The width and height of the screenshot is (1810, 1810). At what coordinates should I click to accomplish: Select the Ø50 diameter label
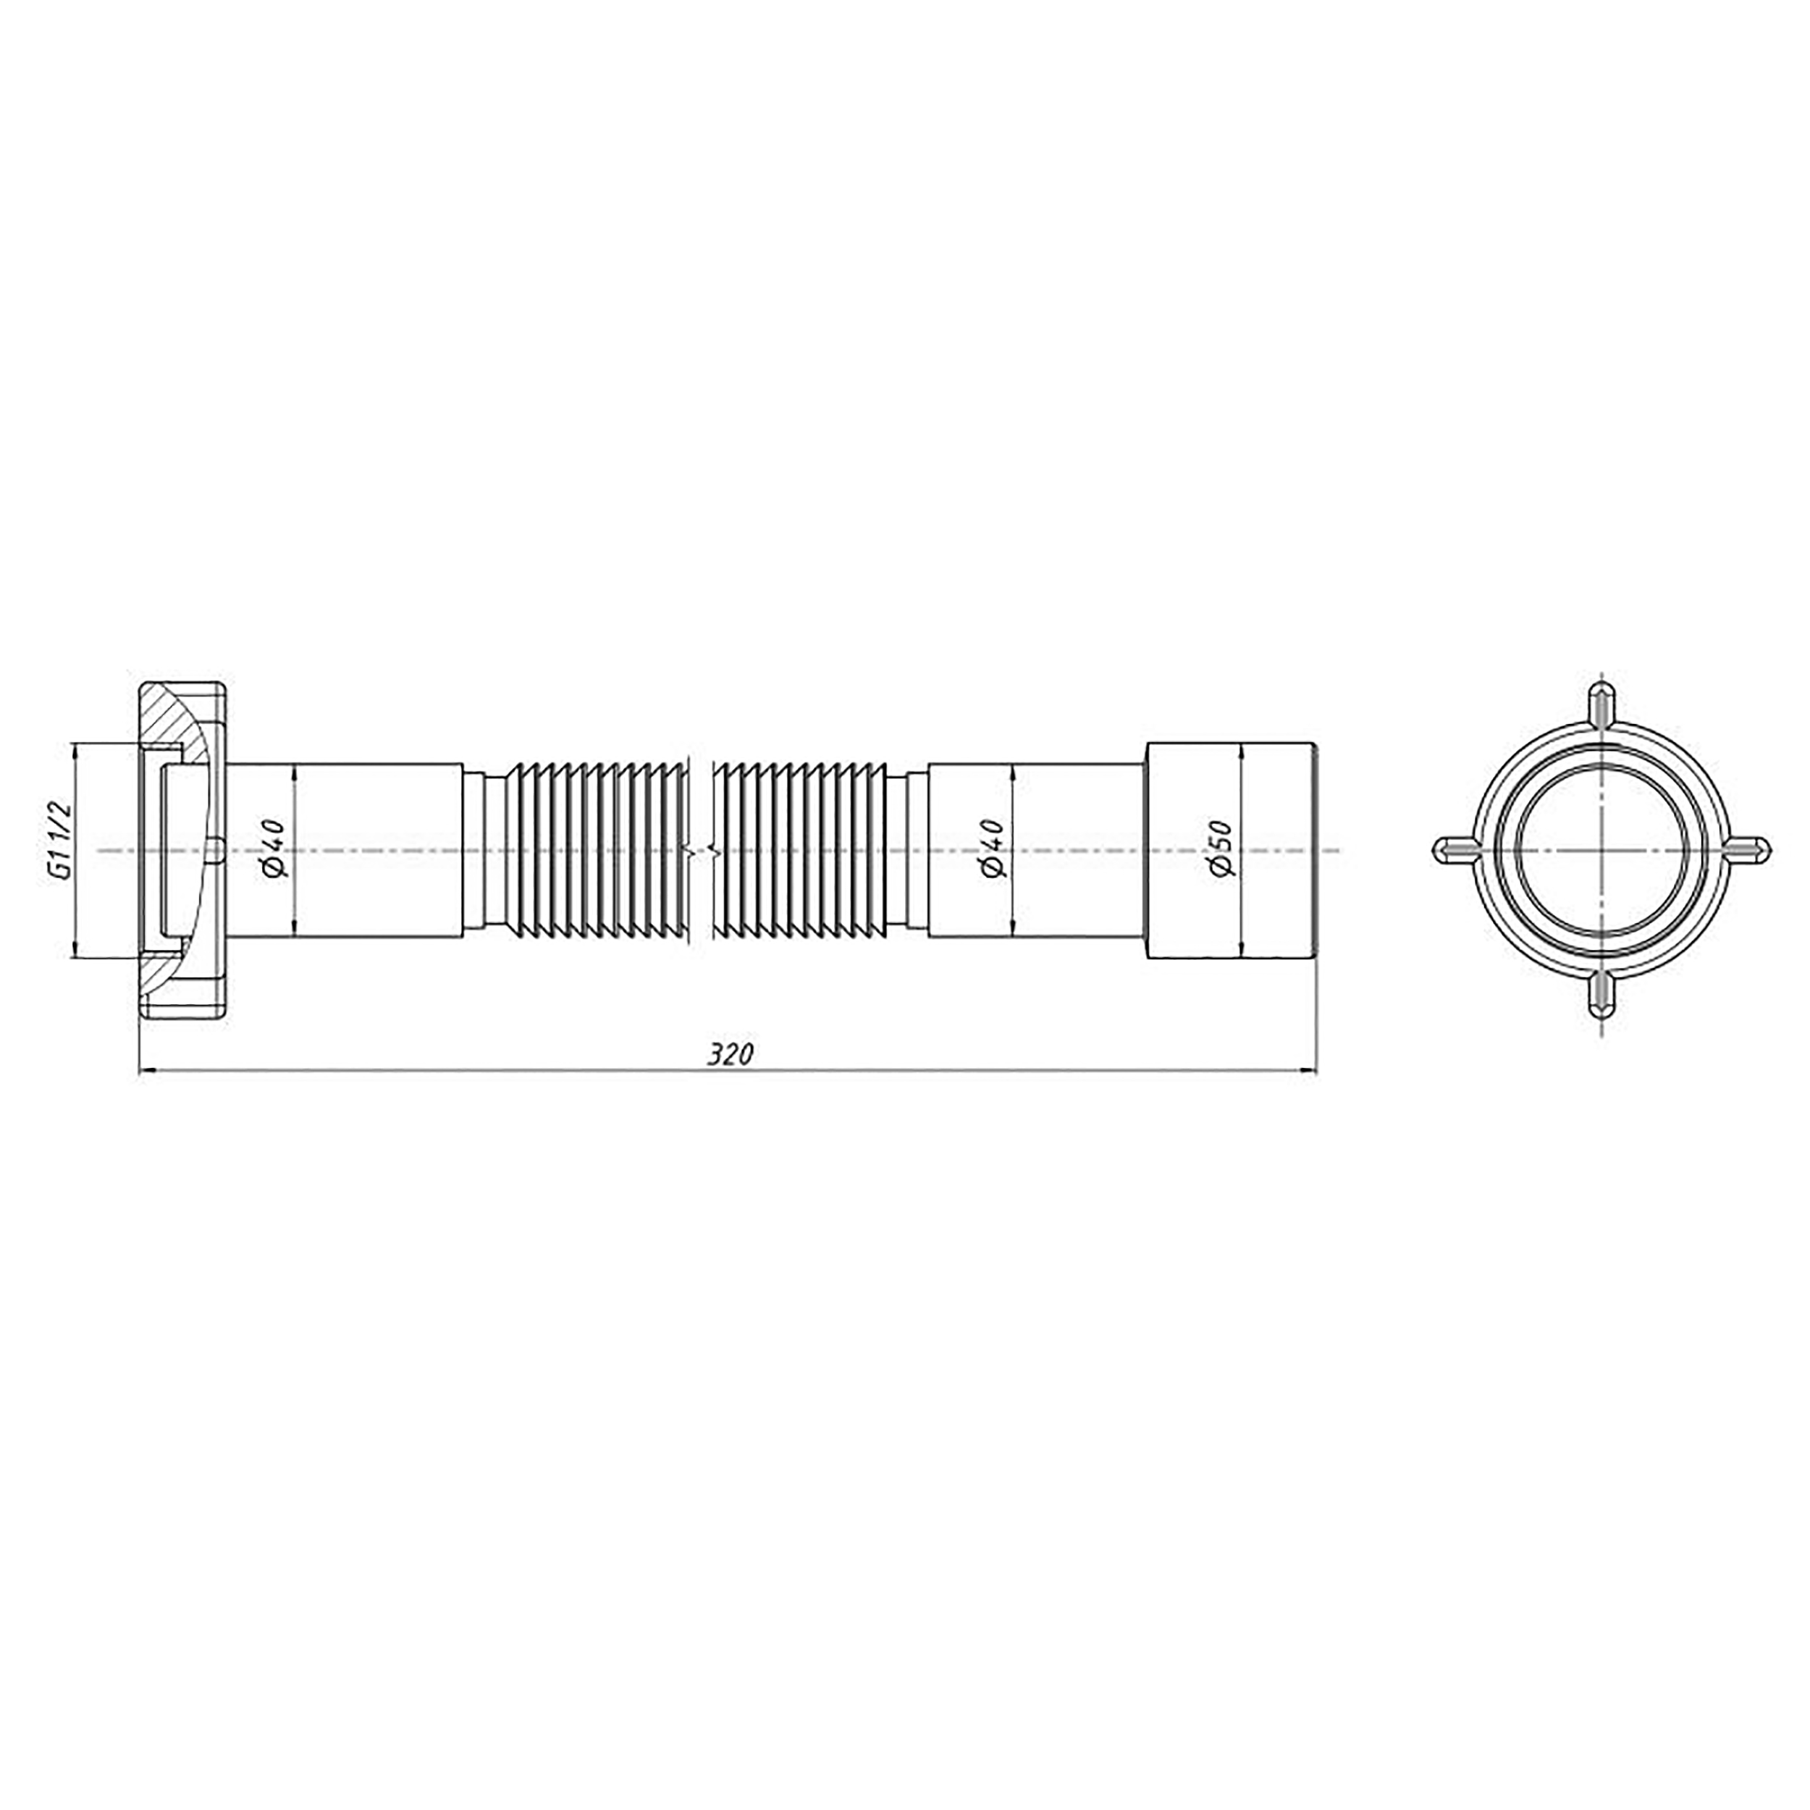tap(1221, 849)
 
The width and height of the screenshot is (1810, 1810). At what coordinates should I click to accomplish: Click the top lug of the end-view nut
tap(1602, 705)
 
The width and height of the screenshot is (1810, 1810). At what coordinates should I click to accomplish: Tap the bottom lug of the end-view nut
tap(1602, 995)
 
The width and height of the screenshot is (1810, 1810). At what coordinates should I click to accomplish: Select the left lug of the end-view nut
tap(1457, 850)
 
